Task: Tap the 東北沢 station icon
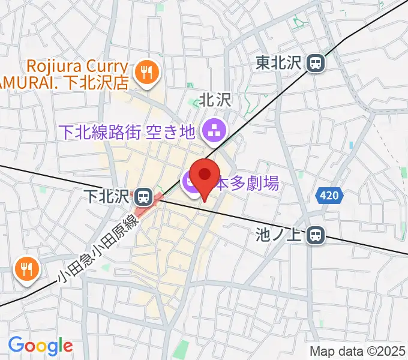(x=315, y=62)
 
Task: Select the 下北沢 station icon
(x=143, y=196)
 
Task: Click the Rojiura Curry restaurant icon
(x=145, y=74)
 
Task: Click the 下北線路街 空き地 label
(x=128, y=131)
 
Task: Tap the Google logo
(x=40, y=346)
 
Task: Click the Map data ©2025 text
(x=357, y=351)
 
